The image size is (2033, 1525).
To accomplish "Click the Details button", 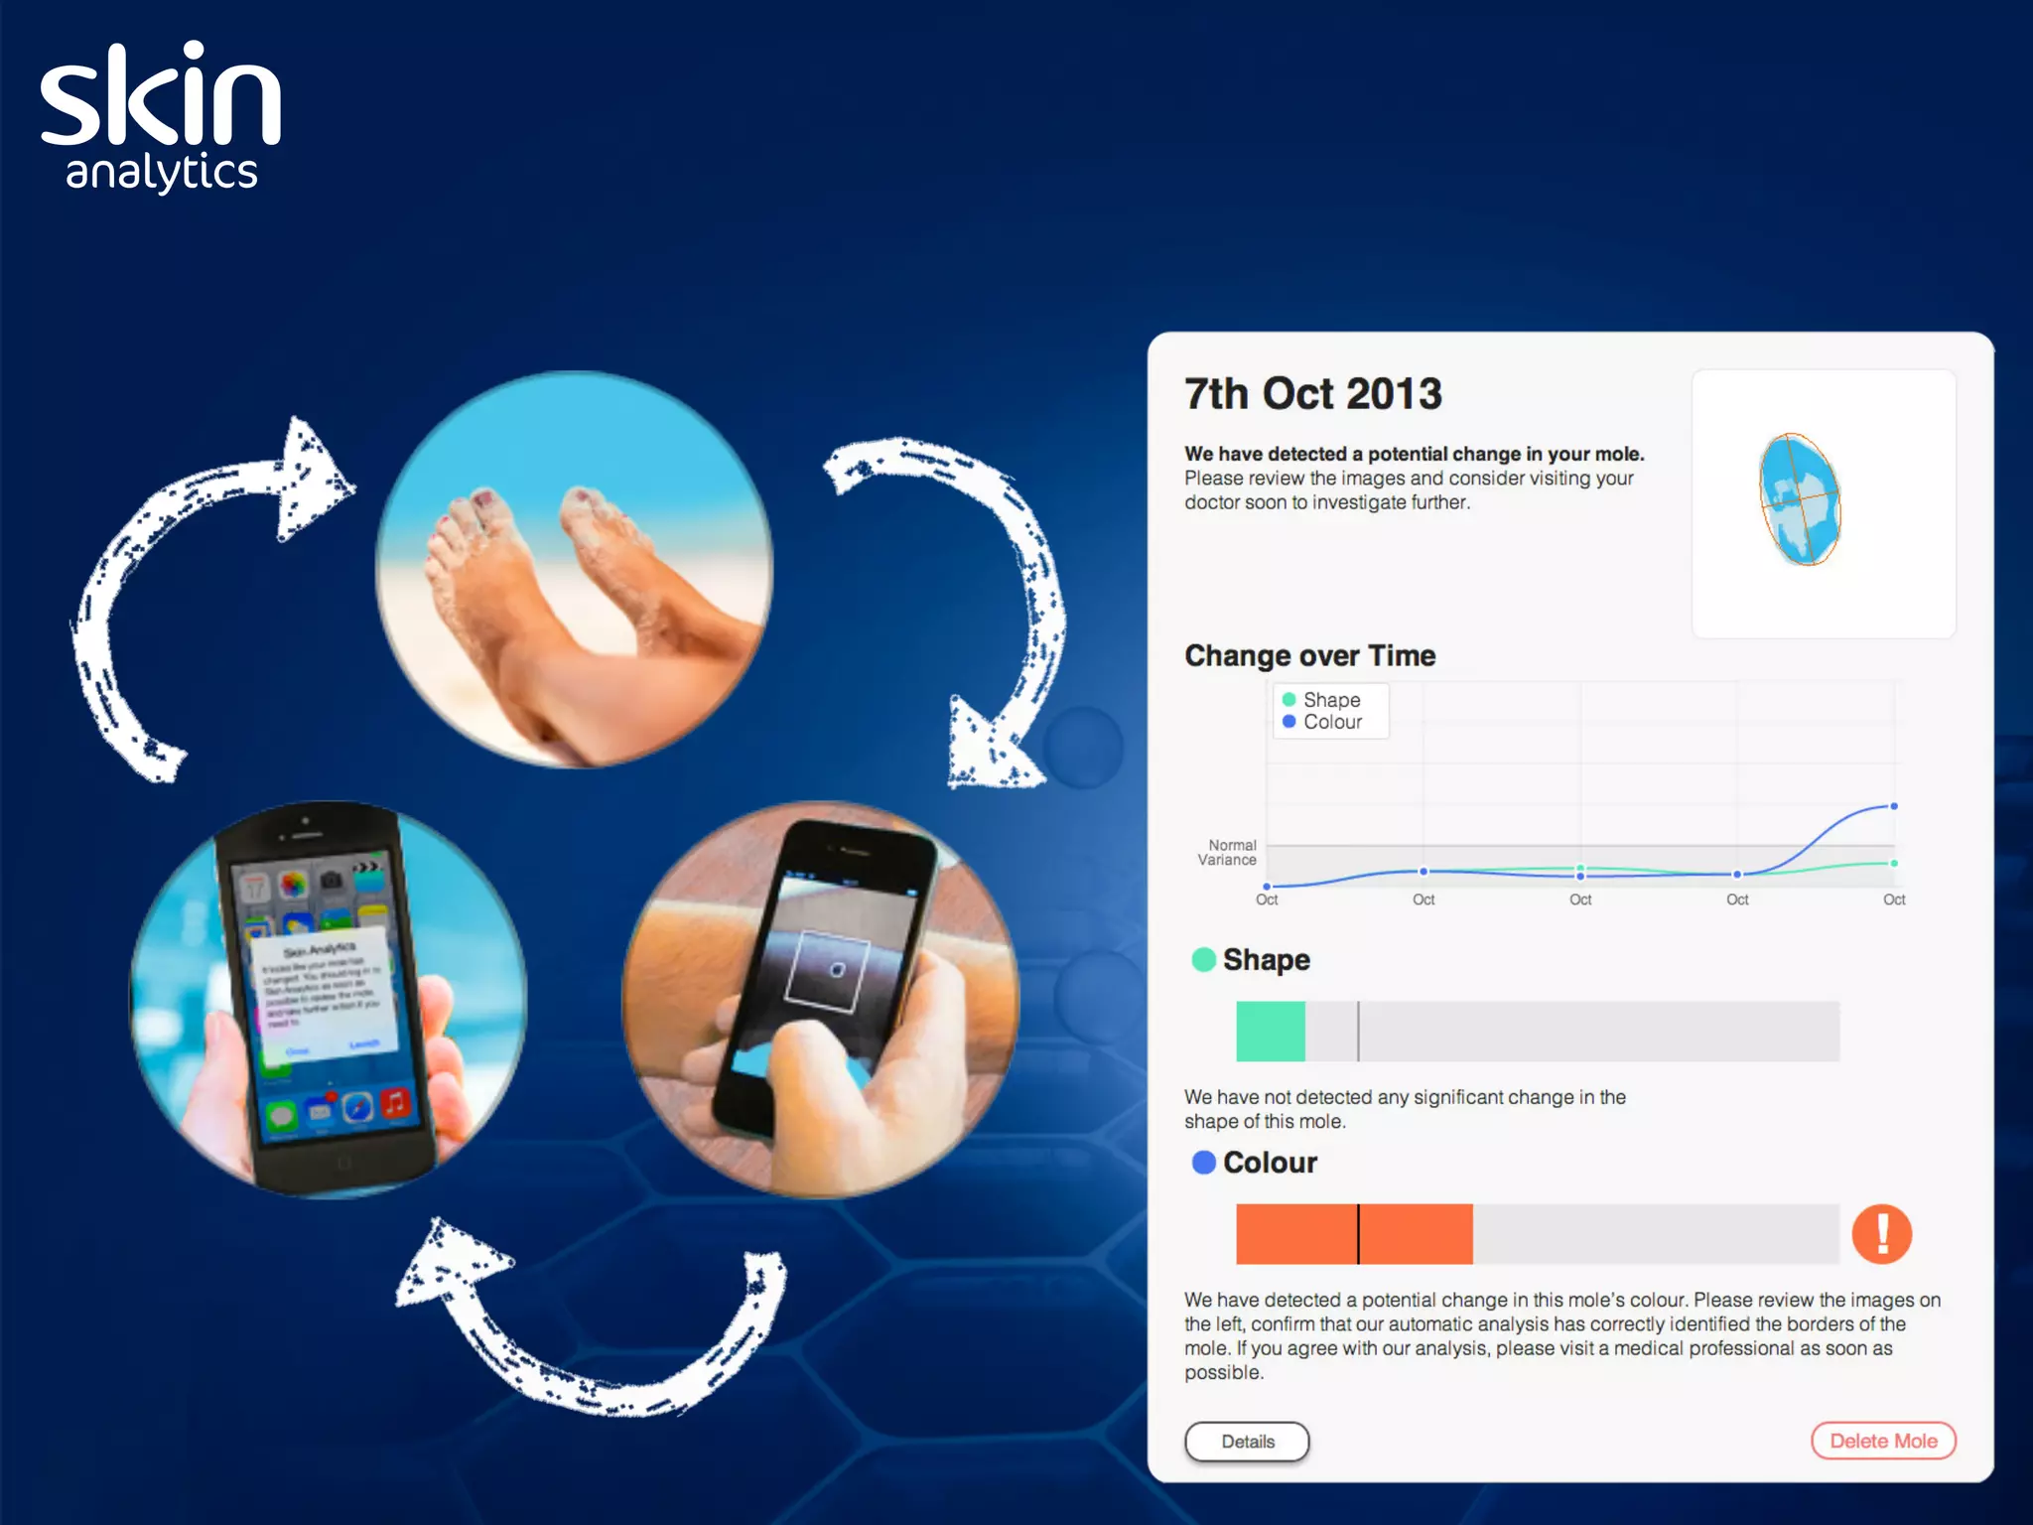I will click(1247, 1442).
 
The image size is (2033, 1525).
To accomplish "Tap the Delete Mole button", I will click(1882, 1441).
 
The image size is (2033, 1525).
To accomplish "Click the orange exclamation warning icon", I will click(1881, 1234).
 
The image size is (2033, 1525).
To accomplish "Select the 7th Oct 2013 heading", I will click(1312, 394).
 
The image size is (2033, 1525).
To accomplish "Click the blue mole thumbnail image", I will click(1800, 499).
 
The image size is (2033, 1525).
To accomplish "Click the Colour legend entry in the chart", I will click(1322, 722).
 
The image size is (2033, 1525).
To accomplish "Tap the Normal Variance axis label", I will click(1228, 853).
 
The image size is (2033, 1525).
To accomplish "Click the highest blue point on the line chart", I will click(1894, 806).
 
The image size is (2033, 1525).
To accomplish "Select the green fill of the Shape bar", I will click(1270, 1032).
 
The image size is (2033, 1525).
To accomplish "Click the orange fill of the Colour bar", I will click(1353, 1234).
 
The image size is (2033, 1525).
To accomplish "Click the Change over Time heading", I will click(1309, 656).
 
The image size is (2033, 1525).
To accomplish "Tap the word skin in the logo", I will click(161, 97).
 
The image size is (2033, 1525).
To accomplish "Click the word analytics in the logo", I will click(162, 173).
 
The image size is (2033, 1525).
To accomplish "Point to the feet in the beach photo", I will click(556, 566).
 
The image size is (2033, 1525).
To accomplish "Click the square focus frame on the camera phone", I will click(827, 970).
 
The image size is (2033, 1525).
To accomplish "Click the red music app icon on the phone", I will click(395, 1102).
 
